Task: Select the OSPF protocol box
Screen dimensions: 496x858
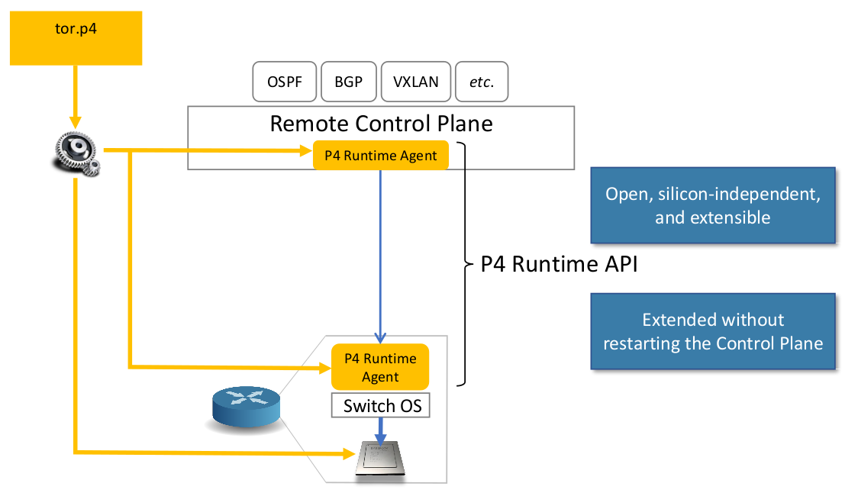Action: tap(283, 82)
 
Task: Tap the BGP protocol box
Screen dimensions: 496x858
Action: tap(348, 82)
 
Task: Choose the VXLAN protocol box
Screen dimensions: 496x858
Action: tap(415, 82)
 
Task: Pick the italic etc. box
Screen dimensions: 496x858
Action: tap(482, 82)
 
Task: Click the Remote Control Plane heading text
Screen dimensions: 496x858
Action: tap(381, 123)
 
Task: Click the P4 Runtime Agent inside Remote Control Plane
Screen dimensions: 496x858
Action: tap(380, 156)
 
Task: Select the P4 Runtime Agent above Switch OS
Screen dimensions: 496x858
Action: tap(380, 367)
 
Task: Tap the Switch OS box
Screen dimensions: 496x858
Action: tap(381, 406)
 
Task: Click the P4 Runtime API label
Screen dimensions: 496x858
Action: tap(559, 265)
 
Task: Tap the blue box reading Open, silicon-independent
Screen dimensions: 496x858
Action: tap(713, 205)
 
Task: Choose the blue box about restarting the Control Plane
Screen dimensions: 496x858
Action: tap(713, 331)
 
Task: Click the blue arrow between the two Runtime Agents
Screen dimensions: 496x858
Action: tap(380, 252)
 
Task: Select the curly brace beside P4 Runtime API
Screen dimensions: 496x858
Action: tap(465, 263)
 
